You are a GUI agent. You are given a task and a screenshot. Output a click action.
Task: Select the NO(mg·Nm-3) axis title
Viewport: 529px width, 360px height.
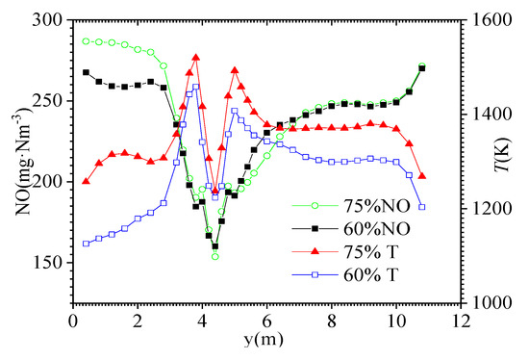point(16,162)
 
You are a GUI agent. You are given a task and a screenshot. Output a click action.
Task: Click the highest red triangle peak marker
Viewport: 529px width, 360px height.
point(196,58)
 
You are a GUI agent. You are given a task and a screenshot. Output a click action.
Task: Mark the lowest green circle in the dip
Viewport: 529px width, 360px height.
point(215,256)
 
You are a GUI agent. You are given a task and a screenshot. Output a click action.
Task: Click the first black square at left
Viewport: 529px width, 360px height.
point(86,72)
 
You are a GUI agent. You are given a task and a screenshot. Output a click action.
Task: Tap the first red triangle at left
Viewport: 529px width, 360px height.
point(86,181)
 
